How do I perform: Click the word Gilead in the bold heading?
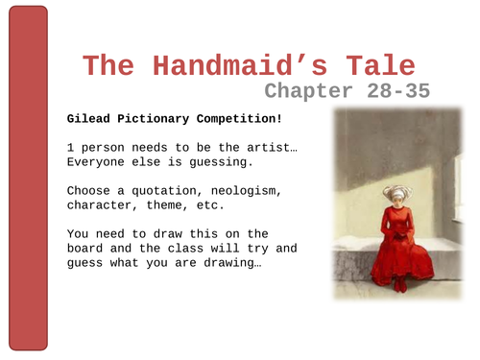(89, 120)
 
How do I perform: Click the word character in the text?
(101, 204)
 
